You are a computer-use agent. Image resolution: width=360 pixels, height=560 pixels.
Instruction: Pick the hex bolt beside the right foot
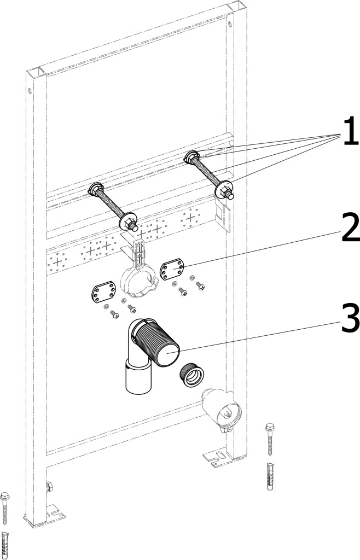270,439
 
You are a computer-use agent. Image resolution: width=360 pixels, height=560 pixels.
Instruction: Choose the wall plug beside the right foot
270,476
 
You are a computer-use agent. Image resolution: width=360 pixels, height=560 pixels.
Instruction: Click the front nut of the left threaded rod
129,221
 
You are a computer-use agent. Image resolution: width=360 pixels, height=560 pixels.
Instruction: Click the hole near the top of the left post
30,90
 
